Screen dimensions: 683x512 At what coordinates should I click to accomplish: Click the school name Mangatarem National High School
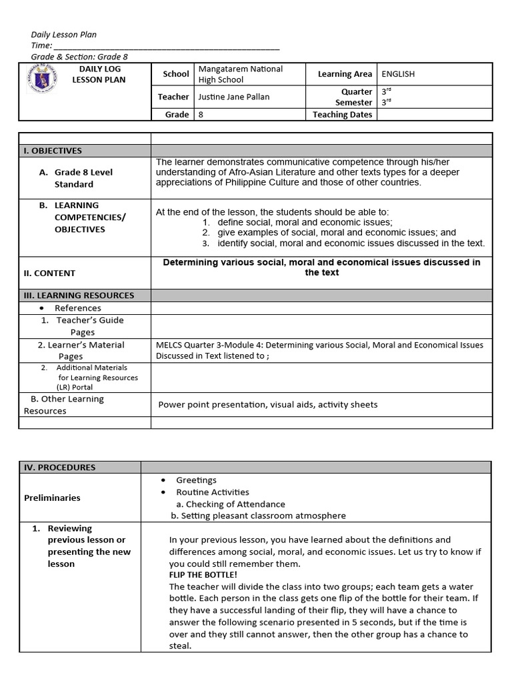(240, 74)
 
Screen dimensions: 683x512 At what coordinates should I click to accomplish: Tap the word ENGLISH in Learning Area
(398, 74)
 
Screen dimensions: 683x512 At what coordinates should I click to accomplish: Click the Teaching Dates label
(343, 115)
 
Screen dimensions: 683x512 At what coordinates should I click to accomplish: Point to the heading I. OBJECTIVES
(53, 151)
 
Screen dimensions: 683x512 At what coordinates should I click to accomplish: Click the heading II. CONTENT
(50, 273)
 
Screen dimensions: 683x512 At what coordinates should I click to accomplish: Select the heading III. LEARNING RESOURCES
(79, 295)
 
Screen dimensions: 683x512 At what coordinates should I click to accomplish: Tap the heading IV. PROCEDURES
(59, 468)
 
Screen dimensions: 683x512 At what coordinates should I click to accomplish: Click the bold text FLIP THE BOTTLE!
(203, 574)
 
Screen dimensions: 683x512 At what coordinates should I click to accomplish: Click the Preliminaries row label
(52, 498)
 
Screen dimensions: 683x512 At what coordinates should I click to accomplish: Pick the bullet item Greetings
(196, 480)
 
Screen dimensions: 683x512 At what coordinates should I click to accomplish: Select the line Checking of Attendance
(230, 504)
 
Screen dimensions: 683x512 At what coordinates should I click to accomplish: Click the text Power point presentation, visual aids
(267, 404)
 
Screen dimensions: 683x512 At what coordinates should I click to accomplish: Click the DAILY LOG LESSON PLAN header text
(99, 75)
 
